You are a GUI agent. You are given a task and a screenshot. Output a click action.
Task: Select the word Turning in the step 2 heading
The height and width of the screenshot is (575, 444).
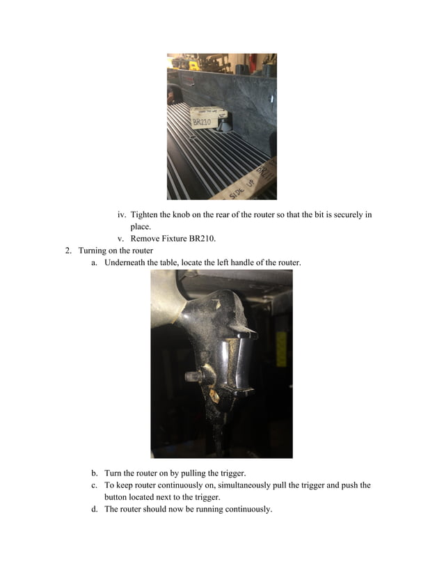(93, 250)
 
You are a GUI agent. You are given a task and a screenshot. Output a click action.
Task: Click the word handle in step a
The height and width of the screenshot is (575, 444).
(243, 262)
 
